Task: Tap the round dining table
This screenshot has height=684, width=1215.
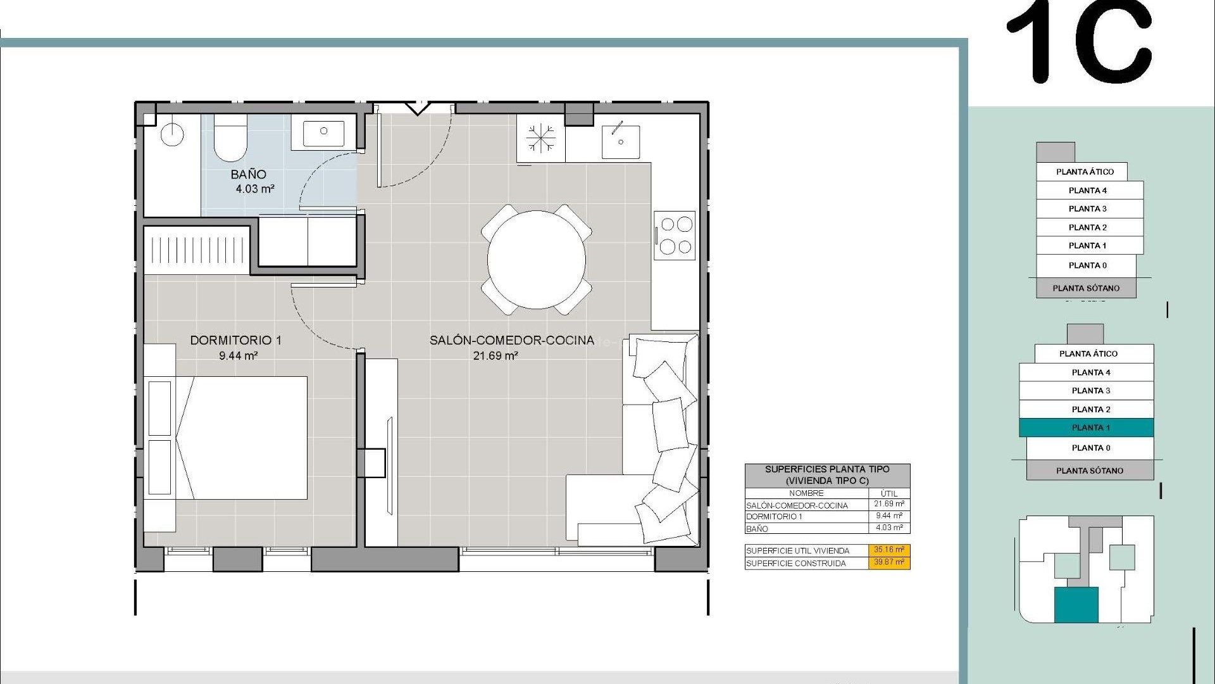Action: click(536, 259)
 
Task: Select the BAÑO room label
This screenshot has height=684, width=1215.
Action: click(248, 174)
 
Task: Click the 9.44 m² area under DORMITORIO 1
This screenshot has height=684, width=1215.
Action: click(238, 356)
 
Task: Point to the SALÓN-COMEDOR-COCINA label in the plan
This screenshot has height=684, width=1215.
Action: click(511, 340)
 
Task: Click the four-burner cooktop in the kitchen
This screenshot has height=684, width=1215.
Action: click(675, 235)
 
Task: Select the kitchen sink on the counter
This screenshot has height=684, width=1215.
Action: click(620, 141)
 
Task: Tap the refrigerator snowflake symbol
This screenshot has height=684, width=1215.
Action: click(540, 139)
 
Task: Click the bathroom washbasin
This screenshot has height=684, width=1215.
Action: click(323, 132)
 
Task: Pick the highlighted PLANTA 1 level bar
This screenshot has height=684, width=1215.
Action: click(1086, 428)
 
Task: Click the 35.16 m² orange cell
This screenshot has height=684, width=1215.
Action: click(888, 550)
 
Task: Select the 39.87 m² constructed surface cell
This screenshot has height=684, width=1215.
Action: click(888, 562)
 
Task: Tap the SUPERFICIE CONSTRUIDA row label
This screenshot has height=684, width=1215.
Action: click(795, 563)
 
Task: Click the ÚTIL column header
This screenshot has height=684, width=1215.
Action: click(888, 493)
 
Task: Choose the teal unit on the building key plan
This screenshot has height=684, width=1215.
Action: click(1076, 604)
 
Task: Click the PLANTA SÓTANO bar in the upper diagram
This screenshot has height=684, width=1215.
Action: click(1086, 288)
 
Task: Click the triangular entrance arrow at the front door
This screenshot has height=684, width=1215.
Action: click(417, 108)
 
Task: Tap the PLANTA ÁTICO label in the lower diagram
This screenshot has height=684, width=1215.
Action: click(1088, 353)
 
